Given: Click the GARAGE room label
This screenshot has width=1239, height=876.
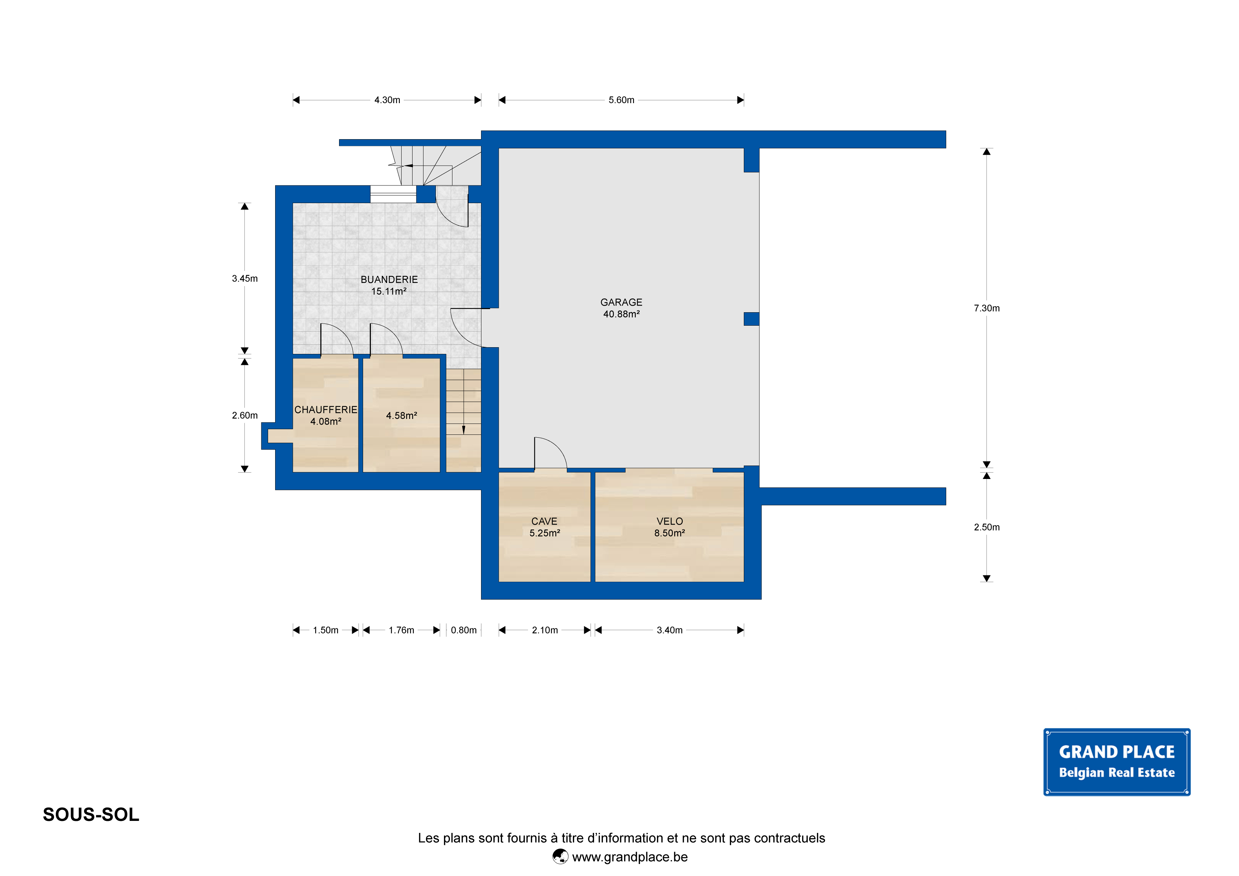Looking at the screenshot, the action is (x=621, y=302).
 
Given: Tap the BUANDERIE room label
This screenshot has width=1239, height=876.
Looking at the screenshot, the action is (x=389, y=280).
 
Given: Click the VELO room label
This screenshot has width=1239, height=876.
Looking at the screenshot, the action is (x=670, y=521).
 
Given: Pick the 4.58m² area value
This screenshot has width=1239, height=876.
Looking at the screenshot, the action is (x=402, y=416).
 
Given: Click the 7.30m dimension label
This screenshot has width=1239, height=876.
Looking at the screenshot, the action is (x=986, y=308).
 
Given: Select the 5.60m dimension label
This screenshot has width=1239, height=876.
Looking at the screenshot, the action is (x=621, y=100).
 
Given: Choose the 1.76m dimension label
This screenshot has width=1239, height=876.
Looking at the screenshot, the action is (x=402, y=630).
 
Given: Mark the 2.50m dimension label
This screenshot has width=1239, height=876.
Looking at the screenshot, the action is (x=986, y=527).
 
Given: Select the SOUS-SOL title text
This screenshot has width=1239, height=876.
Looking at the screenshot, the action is (x=91, y=815).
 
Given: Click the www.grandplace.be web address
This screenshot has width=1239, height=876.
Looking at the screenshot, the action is (x=630, y=857).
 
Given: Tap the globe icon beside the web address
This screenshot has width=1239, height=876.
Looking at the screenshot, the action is (x=560, y=857).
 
